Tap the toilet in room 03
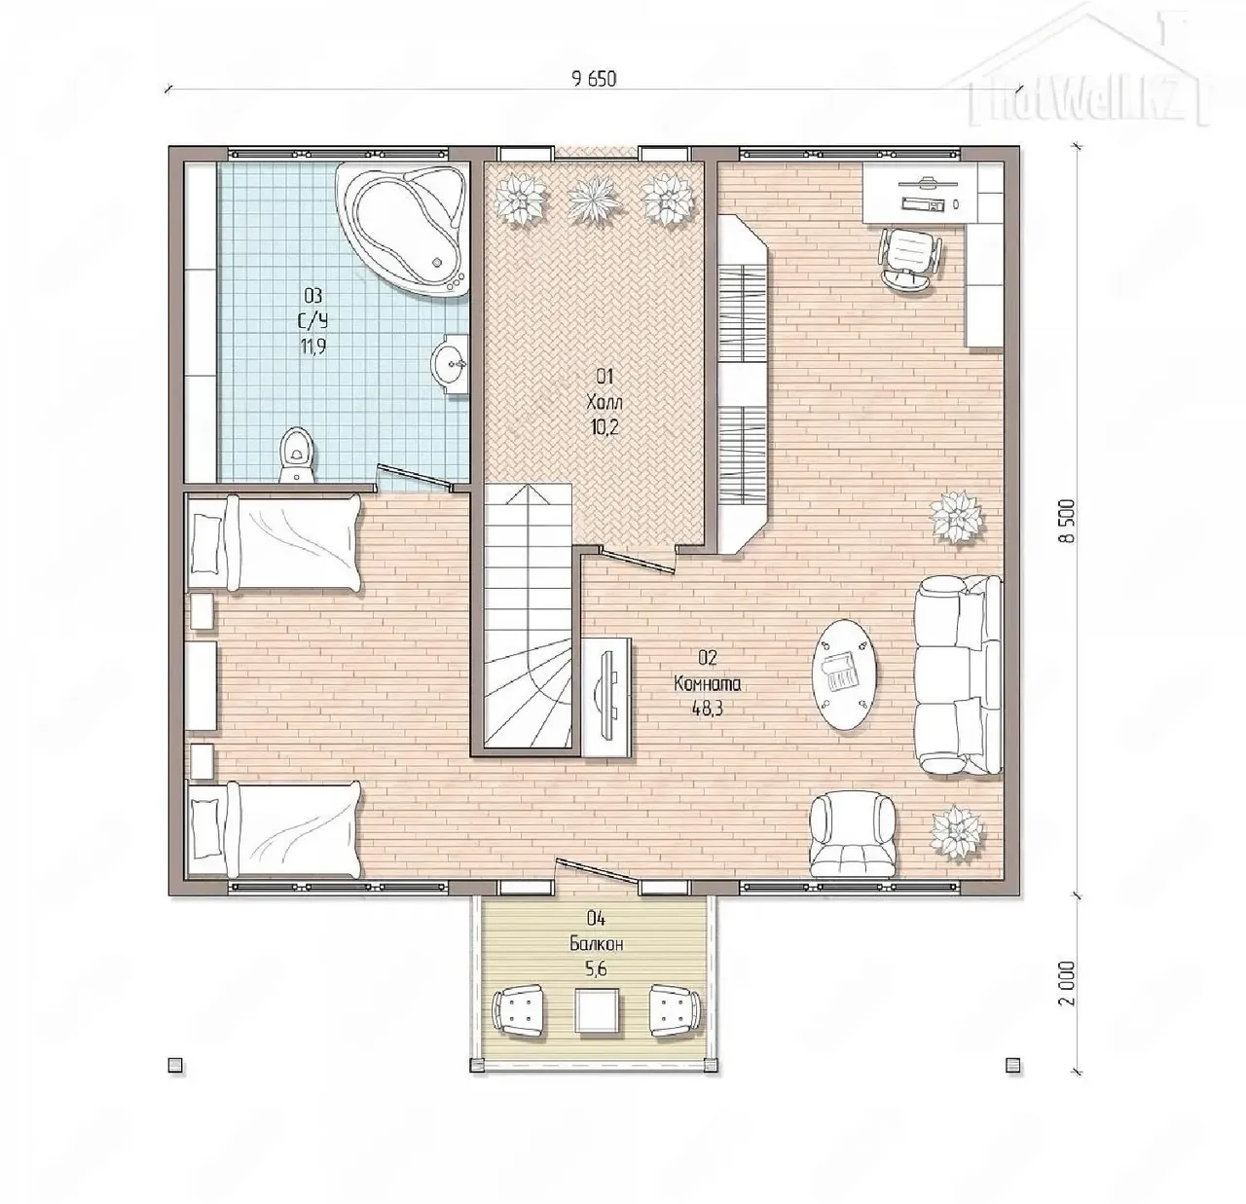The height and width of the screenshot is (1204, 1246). pyautogui.click(x=299, y=454)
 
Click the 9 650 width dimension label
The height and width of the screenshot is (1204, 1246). pyautogui.click(x=594, y=79)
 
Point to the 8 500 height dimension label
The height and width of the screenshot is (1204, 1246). pyautogui.click(x=1067, y=521)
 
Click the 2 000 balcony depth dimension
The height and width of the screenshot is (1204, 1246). pyautogui.click(x=1067, y=1002)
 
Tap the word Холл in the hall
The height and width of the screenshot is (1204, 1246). pyautogui.click(x=604, y=402)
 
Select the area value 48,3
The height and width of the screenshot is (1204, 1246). pyautogui.click(x=707, y=709)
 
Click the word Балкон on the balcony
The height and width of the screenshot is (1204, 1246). pyautogui.click(x=596, y=943)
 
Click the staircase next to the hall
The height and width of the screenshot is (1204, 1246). pyautogui.click(x=528, y=616)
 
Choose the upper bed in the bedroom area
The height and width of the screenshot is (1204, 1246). pyautogui.click(x=273, y=543)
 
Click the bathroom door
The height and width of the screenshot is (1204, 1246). pyautogui.click(x=416, y=477)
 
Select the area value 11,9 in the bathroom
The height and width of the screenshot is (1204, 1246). pyautogui.click(x=313, y=347)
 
